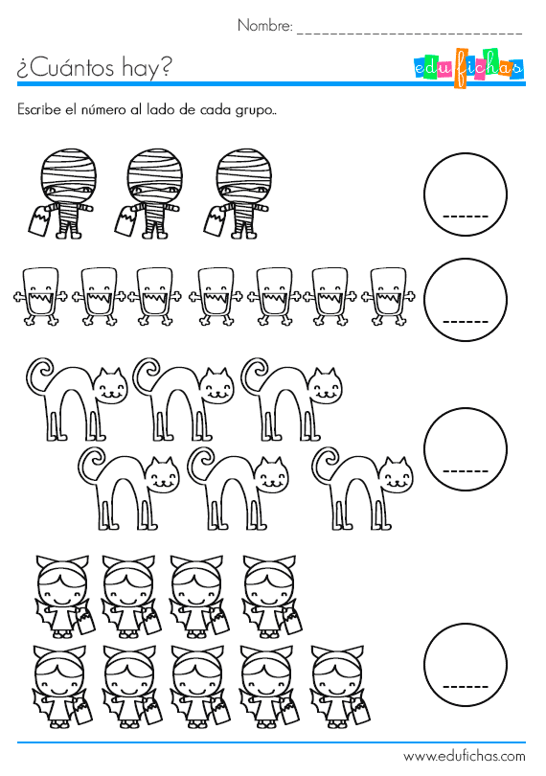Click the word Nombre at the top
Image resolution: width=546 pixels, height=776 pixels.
265,26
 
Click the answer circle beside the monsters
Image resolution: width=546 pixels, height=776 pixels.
466,301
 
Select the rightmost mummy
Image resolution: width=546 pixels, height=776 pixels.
239,193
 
